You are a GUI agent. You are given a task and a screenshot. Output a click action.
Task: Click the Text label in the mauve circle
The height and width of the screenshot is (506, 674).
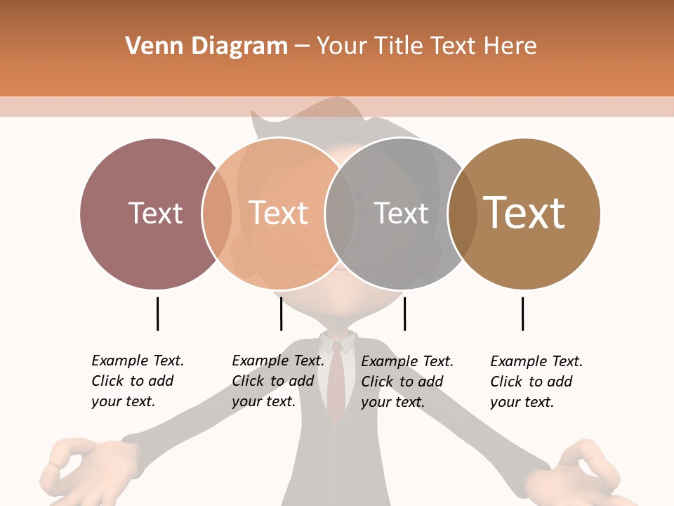click(155, 213)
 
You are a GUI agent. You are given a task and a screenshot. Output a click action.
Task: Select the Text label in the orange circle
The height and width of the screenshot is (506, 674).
click(278, 213)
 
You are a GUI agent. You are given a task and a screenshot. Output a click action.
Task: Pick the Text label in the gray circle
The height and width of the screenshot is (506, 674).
click(401, 213)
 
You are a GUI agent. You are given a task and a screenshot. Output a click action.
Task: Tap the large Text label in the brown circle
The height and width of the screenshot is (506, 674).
click(524, 212)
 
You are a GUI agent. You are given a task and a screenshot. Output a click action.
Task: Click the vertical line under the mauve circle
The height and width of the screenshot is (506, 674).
click(157, 313)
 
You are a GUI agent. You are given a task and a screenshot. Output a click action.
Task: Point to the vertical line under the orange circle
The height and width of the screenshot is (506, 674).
click(281, 313)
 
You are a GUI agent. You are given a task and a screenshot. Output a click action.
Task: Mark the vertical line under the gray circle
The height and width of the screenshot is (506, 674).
click(404, 313)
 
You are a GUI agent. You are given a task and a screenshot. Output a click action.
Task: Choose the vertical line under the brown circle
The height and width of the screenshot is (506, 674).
click(522, 313)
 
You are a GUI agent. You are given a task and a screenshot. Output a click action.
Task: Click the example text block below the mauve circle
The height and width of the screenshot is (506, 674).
click(138, 381)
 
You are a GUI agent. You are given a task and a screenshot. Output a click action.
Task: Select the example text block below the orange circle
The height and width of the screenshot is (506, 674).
click(278, 381)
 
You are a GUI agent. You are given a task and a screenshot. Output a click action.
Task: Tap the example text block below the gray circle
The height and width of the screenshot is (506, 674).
click(407, 382)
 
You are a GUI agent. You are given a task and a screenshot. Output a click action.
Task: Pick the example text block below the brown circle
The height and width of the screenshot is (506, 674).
click(536, 382)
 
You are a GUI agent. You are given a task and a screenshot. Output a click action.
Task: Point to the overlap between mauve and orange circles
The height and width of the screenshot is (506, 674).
click(217, 214)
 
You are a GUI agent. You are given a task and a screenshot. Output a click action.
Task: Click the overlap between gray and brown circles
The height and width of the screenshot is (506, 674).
click(462, 214)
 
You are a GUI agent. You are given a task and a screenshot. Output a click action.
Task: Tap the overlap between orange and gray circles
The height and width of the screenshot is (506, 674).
click(340, 214)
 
